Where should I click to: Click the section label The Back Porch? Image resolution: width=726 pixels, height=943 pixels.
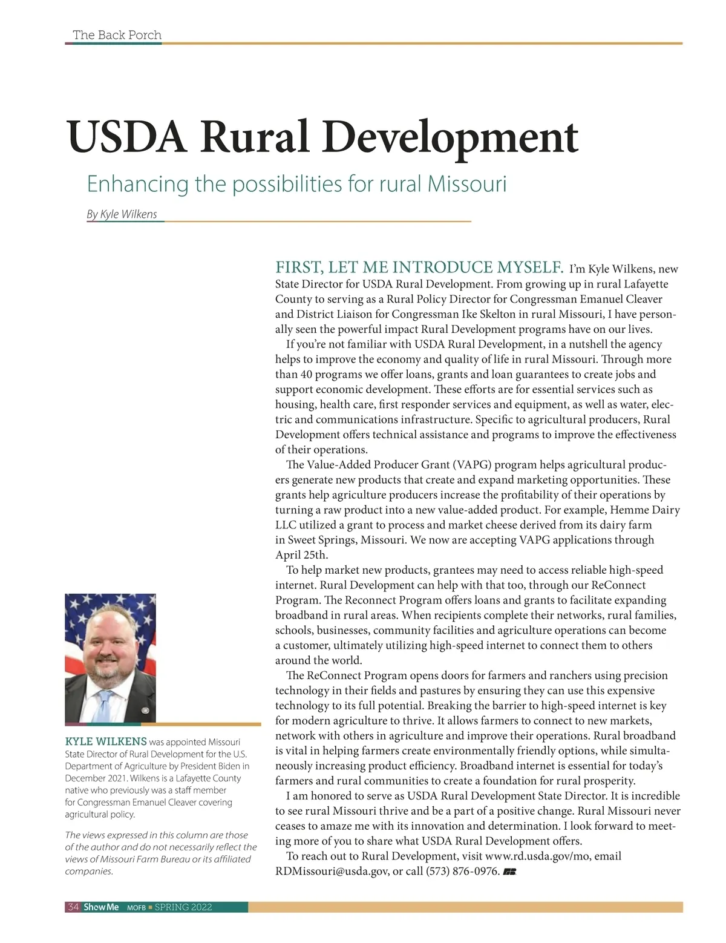[117, 35]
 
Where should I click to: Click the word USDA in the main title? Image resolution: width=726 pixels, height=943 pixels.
[128, 137]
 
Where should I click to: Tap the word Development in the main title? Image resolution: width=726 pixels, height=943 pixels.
[450, 138]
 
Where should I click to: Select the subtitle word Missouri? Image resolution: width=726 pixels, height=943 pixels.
[466, 183]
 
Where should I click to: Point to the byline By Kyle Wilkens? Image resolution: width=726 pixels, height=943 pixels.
[122, 214]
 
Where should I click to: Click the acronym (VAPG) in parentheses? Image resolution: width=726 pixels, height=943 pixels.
[471, 465]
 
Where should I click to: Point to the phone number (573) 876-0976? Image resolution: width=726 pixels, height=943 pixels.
[463, 871]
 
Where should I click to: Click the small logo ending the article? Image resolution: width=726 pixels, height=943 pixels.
[509, 872]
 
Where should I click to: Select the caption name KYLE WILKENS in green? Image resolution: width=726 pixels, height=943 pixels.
[106, 741]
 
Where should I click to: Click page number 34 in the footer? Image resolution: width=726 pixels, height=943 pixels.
[73, 907]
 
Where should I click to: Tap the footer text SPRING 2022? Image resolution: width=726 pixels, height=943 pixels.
[183, 907]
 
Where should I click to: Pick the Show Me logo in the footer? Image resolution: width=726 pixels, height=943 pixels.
[101, 907]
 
